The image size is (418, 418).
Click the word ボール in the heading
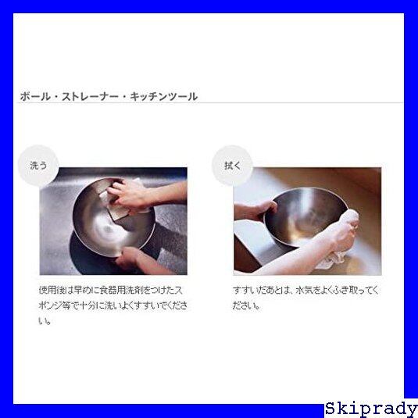35,96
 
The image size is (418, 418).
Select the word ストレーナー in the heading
90,96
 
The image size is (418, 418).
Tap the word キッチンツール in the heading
163,96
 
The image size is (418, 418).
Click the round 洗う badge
38,166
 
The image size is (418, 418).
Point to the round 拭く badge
232,166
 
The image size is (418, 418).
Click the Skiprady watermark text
371,409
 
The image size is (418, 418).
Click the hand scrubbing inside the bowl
130,193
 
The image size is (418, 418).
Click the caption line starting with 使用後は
111,290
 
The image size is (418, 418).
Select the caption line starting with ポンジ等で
113,305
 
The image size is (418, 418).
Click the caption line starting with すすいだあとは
305,290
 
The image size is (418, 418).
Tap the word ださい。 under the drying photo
246,305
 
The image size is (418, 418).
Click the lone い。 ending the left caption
45,321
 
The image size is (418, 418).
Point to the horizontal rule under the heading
210,102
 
